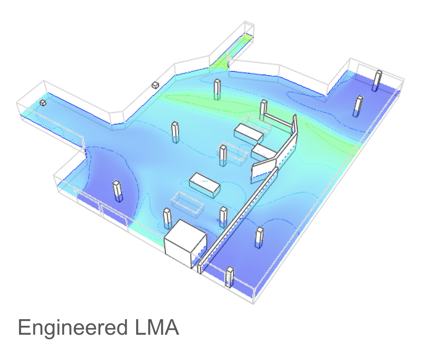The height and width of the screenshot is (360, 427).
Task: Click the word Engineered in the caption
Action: point(73,328)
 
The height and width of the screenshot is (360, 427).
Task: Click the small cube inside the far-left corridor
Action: point(43,103)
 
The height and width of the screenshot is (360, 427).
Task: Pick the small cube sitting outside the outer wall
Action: point(155,85)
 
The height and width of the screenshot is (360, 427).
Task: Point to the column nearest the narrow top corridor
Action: point(217,89)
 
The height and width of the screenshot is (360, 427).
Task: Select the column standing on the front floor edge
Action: point(229,277)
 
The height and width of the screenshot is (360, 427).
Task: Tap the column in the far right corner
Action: point(377,80)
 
